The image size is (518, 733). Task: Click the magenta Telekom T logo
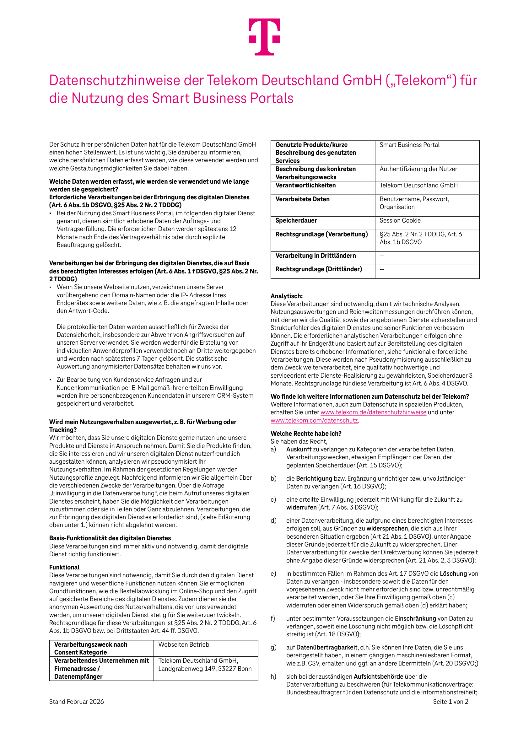[264, 37]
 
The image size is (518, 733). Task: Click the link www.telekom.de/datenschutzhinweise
[373, 412]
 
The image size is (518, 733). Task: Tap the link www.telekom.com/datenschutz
[314, 420]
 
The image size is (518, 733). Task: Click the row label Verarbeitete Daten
[302, 199]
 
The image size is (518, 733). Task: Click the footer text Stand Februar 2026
[76, 701]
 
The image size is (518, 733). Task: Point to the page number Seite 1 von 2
[450, 701]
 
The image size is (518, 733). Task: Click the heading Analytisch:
[286, 296]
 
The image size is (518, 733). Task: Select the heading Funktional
[64, 567]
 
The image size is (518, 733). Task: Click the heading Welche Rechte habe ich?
[306, 434]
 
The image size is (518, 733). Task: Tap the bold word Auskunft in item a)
[299, 449]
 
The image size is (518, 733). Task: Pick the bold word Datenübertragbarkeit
[326, 647]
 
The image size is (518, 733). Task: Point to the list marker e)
[273, 574]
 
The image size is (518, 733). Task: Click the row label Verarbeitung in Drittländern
[315, 256]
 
